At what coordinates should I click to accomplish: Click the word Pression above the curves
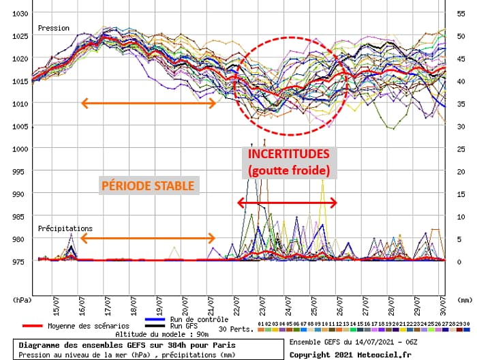[x=54, y=29]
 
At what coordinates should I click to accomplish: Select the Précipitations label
[x=65, y=228]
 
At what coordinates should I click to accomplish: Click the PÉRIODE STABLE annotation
[x=149, y=185]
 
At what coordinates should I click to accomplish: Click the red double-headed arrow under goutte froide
[x=287, y=202]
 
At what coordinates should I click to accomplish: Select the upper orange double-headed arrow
[x=149, y=104]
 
